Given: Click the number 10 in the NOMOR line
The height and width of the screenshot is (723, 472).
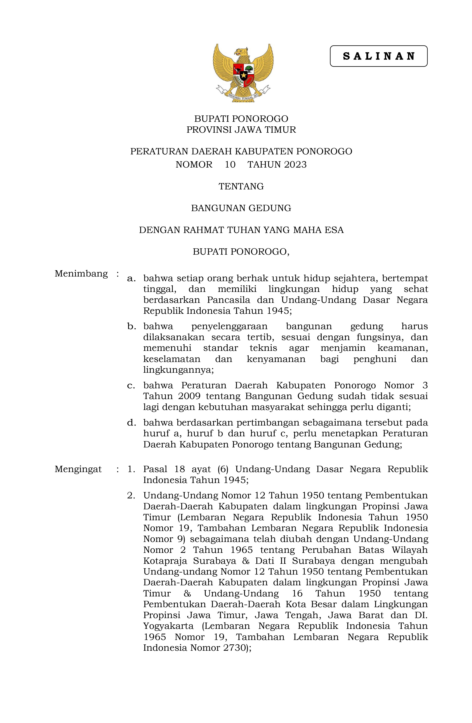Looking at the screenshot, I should [x=230, y=165].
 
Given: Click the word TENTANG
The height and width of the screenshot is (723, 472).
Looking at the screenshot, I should [x=241, y=186].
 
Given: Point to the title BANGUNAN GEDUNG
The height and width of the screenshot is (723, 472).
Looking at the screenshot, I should [x=241, y=208].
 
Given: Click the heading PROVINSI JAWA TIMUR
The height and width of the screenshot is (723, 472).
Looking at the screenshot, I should [x=241, y=130].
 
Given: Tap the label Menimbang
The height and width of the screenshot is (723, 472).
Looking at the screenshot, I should [x=81, y=274].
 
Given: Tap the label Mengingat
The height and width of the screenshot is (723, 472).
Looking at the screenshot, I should [x=78, y=469].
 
